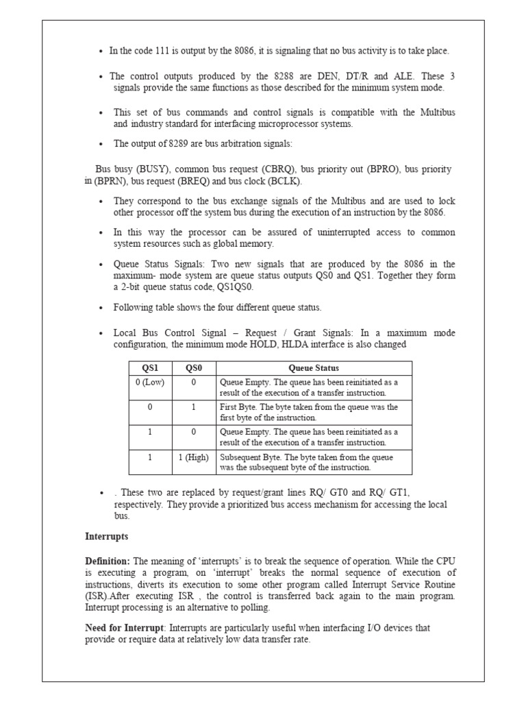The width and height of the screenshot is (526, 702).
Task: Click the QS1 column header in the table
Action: tap(150, 368)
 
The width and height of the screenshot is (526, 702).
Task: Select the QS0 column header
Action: tap(194, 368)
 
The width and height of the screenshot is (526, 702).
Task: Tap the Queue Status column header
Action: tap(314, 368)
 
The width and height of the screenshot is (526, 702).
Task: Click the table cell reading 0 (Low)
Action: tap(150, 382)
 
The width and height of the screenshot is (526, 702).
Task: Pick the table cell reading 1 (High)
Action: tap(194, 457)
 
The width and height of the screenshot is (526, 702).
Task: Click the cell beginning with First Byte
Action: tap(308, 412)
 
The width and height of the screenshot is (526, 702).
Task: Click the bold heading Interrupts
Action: tap(106, 535)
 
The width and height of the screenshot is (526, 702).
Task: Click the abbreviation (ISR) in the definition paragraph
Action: tap(95, 596)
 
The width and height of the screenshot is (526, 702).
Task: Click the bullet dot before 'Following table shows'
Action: tap(101, 307)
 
